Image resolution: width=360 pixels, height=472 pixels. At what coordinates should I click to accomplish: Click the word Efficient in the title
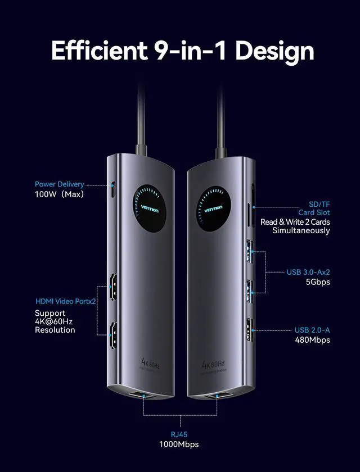pos(97,51)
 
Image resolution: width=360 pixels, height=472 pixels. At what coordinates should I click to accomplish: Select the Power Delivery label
pos(59,184)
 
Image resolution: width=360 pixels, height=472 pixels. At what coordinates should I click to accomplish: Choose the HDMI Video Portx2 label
pos(65,301)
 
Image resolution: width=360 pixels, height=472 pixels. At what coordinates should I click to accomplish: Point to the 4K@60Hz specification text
pos(54,321)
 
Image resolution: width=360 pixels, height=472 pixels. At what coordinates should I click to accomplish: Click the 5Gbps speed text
pos(318,282)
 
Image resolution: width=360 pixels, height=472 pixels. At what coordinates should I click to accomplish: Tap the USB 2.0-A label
pos(312,330)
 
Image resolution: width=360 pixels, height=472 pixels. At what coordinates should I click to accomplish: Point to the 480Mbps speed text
pos(313,339)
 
